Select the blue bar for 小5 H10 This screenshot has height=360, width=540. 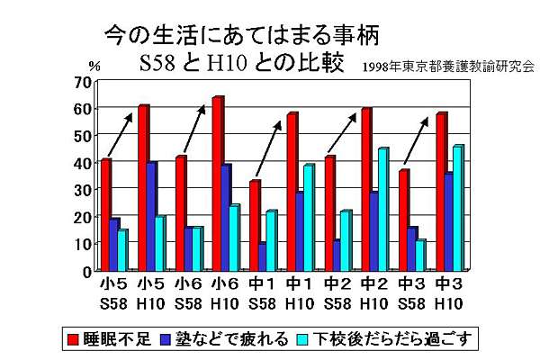152,216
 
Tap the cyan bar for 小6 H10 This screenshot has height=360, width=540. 233,238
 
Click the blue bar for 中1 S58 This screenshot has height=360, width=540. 262,256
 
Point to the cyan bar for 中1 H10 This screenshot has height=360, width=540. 309,217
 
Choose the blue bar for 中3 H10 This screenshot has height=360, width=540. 449,221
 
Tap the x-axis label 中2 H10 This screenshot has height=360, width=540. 373,292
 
